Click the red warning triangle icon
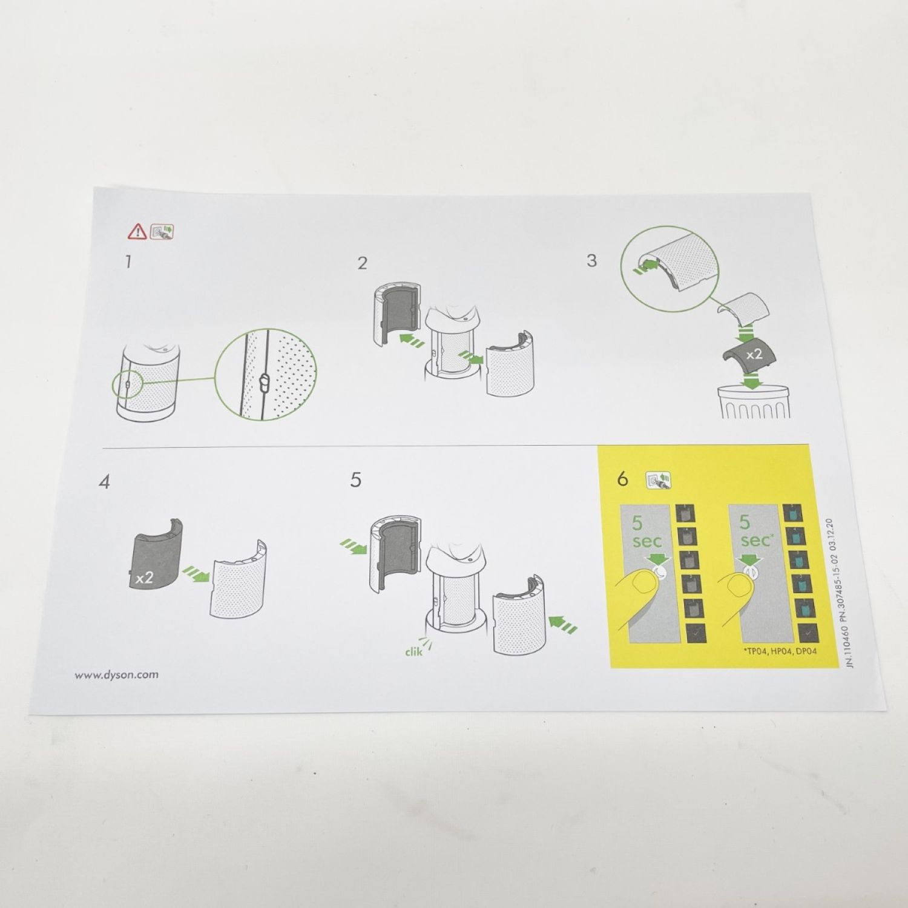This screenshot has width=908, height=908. pos(137,231)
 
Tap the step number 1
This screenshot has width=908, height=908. pos(128,262)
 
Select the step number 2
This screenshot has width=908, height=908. pos(362,263)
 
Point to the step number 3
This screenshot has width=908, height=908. pos(591,260)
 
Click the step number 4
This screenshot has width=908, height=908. pos(105,482)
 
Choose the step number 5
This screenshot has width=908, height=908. pos(355,479)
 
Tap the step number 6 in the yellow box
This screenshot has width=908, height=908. pos(623,479)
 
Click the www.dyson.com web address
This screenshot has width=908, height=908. pos(117,674)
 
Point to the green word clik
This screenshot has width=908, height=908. pos(414,651)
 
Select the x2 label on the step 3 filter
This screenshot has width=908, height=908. pos(754,354)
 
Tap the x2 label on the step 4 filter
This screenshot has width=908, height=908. pos(144,577)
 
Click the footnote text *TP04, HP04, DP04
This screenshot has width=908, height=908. pos(780,651)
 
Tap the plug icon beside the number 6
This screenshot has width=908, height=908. pos(658,480)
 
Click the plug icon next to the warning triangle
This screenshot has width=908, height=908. pos(161,231)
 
